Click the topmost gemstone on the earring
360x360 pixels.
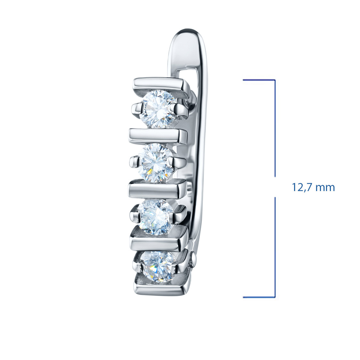[x=158, y=109]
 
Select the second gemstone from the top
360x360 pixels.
[x=156, y=163]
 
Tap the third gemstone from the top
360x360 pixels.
[x=156, y=217]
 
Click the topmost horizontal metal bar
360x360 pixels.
[x=162, y=86]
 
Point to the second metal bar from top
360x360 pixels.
[x=158, y=137]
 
